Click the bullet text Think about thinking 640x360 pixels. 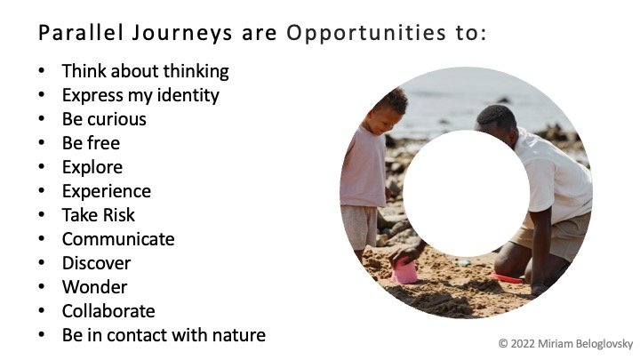click(x=145, y=71)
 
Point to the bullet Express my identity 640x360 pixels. click(x=140, y=95)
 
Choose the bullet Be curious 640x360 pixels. click(x=104, y=119)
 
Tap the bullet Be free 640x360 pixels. click(x=91, y=143)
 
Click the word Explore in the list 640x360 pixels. click(x=92, y=167)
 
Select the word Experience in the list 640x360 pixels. click(x=107, y=191)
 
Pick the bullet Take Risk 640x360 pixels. click(x=99, y=215)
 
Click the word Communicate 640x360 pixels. click(x=118, y=239)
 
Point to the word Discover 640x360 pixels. click(x=96, y=263)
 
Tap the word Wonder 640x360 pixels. click(x=94, y=287)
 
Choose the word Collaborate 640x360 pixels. click(x=108, y=311)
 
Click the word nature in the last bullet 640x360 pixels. click(x=241, y=335)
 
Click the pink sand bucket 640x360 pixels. click(x=405, y=271)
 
